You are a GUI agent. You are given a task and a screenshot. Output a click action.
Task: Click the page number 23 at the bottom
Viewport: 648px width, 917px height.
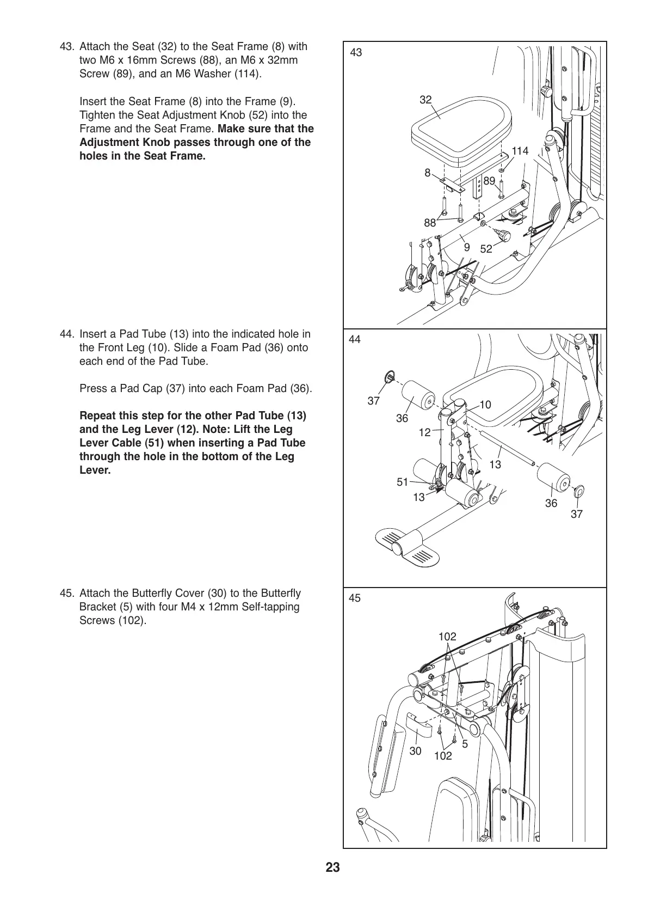pyautogui.click(x=333, y=867)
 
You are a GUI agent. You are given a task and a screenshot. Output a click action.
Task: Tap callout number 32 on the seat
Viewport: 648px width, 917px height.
pyautogui.click(x=425, y=100)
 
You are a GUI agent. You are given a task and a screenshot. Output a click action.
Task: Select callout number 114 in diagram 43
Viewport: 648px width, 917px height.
pyautogui.click(x=520, y=151)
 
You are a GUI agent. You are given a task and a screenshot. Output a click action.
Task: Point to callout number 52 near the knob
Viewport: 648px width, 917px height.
pyautogui.click(x=486, y=249)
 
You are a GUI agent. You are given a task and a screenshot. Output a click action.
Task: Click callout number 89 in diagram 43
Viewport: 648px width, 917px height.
pyautogui.click(x=489, y=181)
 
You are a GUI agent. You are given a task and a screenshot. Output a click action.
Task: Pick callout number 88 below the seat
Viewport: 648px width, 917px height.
pyautogui.click(x=430, y=222)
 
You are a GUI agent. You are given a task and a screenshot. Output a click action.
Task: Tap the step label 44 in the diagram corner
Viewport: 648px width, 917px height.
pyautogui.click(x=355, y=339)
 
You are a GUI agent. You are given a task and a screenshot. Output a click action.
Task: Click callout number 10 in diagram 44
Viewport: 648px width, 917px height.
pyautogui.click(x=485, y=405)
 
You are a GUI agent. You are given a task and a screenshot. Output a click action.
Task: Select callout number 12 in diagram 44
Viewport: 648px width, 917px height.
pyautogui.click(x=424, y=432)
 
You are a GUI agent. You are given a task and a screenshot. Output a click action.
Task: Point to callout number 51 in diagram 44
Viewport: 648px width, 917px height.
pyautogui.click(x=402, y=481)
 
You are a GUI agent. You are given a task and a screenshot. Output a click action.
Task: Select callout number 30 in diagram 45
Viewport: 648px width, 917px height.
pyautogui.click(x=415, y=751)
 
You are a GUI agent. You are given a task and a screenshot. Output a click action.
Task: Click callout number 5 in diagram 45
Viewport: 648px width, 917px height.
pyautogui.click(x=465, y=743)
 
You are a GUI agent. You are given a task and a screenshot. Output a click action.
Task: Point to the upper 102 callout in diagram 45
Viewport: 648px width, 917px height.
pyautogui.click(x=447, y=637)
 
